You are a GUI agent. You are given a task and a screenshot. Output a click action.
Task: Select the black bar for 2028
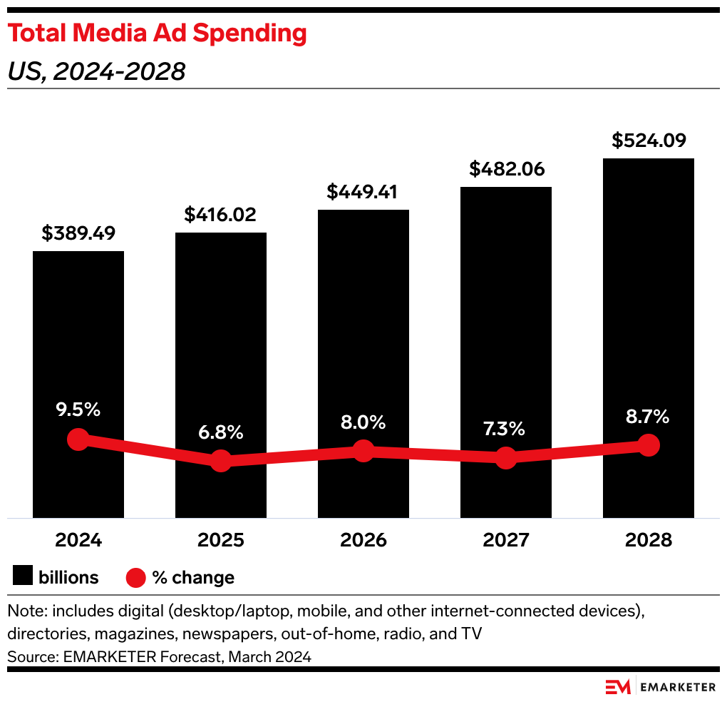(649, 300)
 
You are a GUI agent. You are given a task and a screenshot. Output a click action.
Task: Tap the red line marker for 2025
(221, 461)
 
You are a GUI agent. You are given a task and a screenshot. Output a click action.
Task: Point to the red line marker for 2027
(506, 458)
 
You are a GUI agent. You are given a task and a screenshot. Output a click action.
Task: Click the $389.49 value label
(78, 233)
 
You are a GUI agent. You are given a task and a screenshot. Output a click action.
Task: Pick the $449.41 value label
(363, 192)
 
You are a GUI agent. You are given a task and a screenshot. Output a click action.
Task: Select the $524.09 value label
(649, 141)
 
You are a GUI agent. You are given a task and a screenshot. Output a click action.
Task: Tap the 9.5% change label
(78, 410)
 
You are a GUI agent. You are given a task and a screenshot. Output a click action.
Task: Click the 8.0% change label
(363, 422)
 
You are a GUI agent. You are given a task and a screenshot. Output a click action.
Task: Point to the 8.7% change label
(649, 417)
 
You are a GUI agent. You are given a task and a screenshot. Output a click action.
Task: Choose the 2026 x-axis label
(363, 540)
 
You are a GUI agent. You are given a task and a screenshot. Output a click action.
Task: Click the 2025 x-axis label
(221, 540)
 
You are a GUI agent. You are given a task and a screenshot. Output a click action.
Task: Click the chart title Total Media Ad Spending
(158, 34)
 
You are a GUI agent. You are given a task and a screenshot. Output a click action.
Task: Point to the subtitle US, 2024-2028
(96, 71)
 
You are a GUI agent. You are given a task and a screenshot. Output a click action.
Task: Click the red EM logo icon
(618, 686)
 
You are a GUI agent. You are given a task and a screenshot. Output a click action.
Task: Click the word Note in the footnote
(24, 612)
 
